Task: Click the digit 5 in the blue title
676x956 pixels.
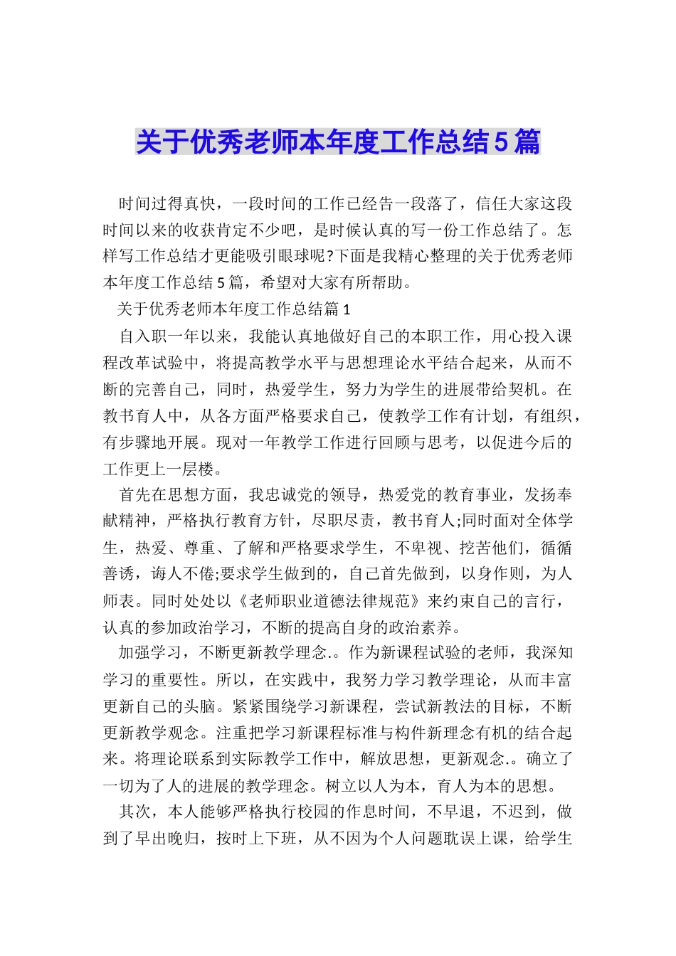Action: click(500, 142)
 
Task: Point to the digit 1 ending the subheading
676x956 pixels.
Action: click(347, 309)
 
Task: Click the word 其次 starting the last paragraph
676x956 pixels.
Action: click(134, 812)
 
